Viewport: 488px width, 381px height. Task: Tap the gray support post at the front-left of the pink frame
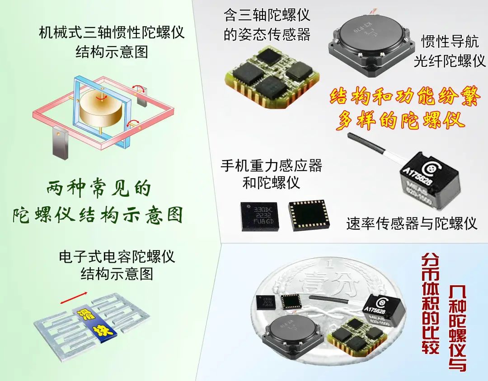tap(60, 143)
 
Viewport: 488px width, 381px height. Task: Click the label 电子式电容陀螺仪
tap(117, 257)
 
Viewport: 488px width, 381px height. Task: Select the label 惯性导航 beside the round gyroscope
tap(448, 42)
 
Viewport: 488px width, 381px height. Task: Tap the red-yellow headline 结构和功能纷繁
tap(404, 97)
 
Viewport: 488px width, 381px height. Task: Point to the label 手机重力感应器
tap(271, 166)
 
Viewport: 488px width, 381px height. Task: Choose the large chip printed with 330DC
tap(259, 215)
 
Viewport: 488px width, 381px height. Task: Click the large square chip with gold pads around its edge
tap(307, 215)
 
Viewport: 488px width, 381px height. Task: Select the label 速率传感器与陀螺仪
tap(412, 223)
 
